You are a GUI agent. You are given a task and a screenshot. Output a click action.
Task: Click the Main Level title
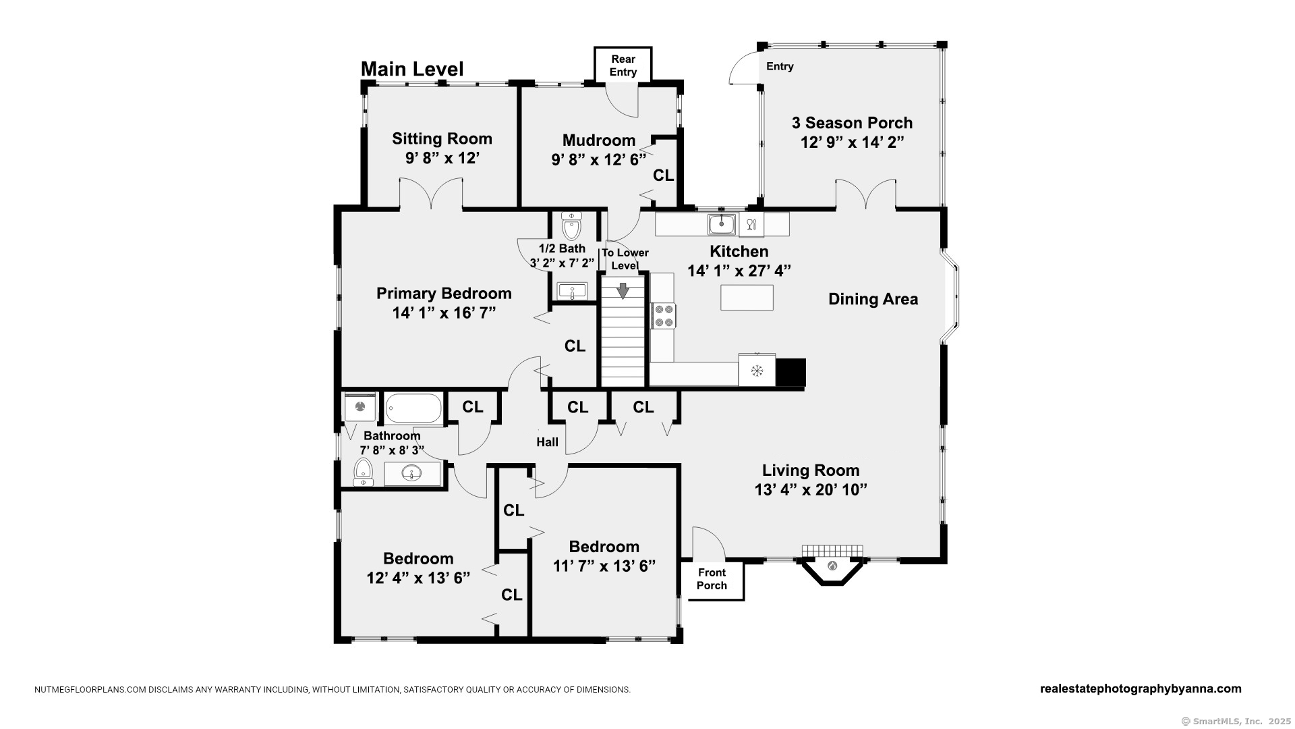click(x=412, y=69)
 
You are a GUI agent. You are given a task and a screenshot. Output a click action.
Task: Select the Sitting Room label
click(x=442, y=138)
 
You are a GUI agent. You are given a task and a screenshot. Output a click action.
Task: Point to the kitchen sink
click(x=722, y=223)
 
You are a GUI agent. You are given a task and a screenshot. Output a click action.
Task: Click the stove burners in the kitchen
click(x=664, y=316)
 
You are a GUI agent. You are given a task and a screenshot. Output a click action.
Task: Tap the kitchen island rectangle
click(x=747, y=298)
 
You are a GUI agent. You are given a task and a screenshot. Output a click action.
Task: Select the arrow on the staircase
click(x=623, y=290)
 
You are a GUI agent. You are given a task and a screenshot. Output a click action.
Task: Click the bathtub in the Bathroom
click(x=413, y=408)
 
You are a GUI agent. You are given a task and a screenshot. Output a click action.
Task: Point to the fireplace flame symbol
click(x=832, y=566)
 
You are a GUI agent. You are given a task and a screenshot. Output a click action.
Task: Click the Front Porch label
click(x=712, y=579)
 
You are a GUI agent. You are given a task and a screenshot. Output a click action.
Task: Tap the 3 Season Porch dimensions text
click(x=852, y=142)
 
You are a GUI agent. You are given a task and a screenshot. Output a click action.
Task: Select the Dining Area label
click(x=873, y=299)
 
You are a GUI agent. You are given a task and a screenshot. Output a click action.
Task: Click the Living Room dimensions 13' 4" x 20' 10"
click(x=811, y=489)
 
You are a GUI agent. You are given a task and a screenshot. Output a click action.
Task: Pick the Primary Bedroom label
click(x=444, y=294)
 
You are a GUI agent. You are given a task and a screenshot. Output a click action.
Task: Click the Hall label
click(x=547, y=442)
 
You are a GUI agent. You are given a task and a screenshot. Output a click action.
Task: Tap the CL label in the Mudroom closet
click(x=664, y=175)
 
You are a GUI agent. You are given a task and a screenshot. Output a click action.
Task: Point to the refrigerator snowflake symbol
click(x=757, y=370)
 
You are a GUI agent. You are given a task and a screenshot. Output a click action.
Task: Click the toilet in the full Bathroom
click(x=363, y=471)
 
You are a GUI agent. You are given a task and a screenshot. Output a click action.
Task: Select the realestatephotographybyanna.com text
click(x=1141, y=688)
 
